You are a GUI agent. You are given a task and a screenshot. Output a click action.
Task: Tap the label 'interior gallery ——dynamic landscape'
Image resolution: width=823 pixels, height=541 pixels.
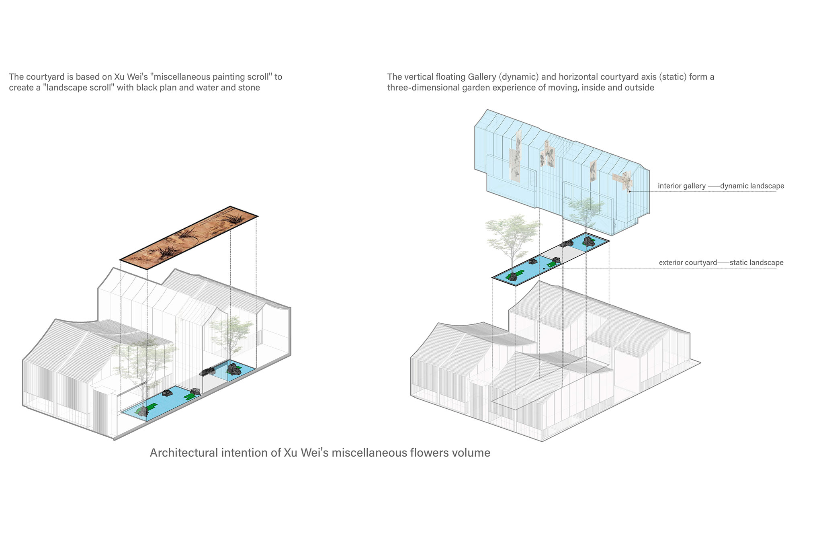tap(721, 186)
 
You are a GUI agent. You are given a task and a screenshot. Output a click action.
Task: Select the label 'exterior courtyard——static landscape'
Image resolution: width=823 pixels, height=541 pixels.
tap(721, 263)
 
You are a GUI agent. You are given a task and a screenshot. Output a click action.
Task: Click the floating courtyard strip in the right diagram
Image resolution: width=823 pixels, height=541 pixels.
tap(551, 259)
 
